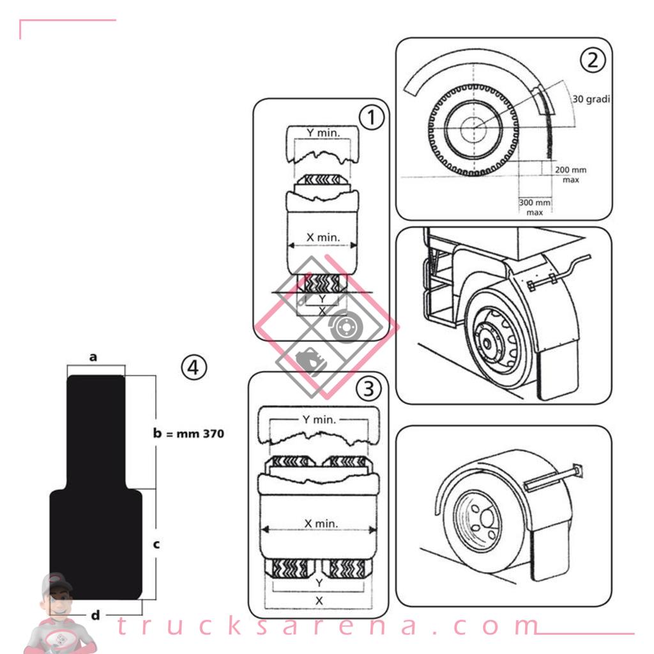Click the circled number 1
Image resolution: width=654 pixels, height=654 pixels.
tap(371, 118)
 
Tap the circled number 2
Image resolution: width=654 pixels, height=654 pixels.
tap(593, 60)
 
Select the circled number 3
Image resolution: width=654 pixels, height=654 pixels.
tap(369, 389)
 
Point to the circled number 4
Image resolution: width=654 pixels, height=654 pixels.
tap(194, 367)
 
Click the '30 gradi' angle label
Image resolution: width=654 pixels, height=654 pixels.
tap(591, 99)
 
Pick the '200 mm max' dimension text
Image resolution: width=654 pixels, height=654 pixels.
tap(570, 175)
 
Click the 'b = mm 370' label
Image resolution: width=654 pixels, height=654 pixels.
tap(188, 434)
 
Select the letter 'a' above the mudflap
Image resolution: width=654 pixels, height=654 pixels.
tap(93, 358)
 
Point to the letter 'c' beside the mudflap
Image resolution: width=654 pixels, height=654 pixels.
tap(156, 544)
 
